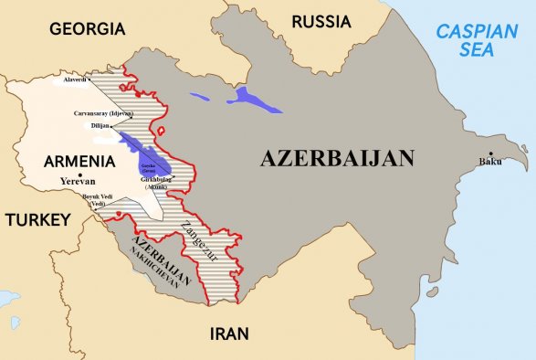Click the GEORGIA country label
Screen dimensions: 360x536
click(87, 29)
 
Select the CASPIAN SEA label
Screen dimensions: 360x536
click(476, 42)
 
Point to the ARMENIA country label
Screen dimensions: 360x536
click(79, 161)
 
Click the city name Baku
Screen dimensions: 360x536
click(489, 163)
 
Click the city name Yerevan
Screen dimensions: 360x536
click(79, 181)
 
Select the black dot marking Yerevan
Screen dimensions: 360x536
click(80, 174)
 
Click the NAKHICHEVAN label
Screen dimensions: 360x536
click(159, 266)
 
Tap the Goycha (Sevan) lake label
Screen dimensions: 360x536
click(148, 166)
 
